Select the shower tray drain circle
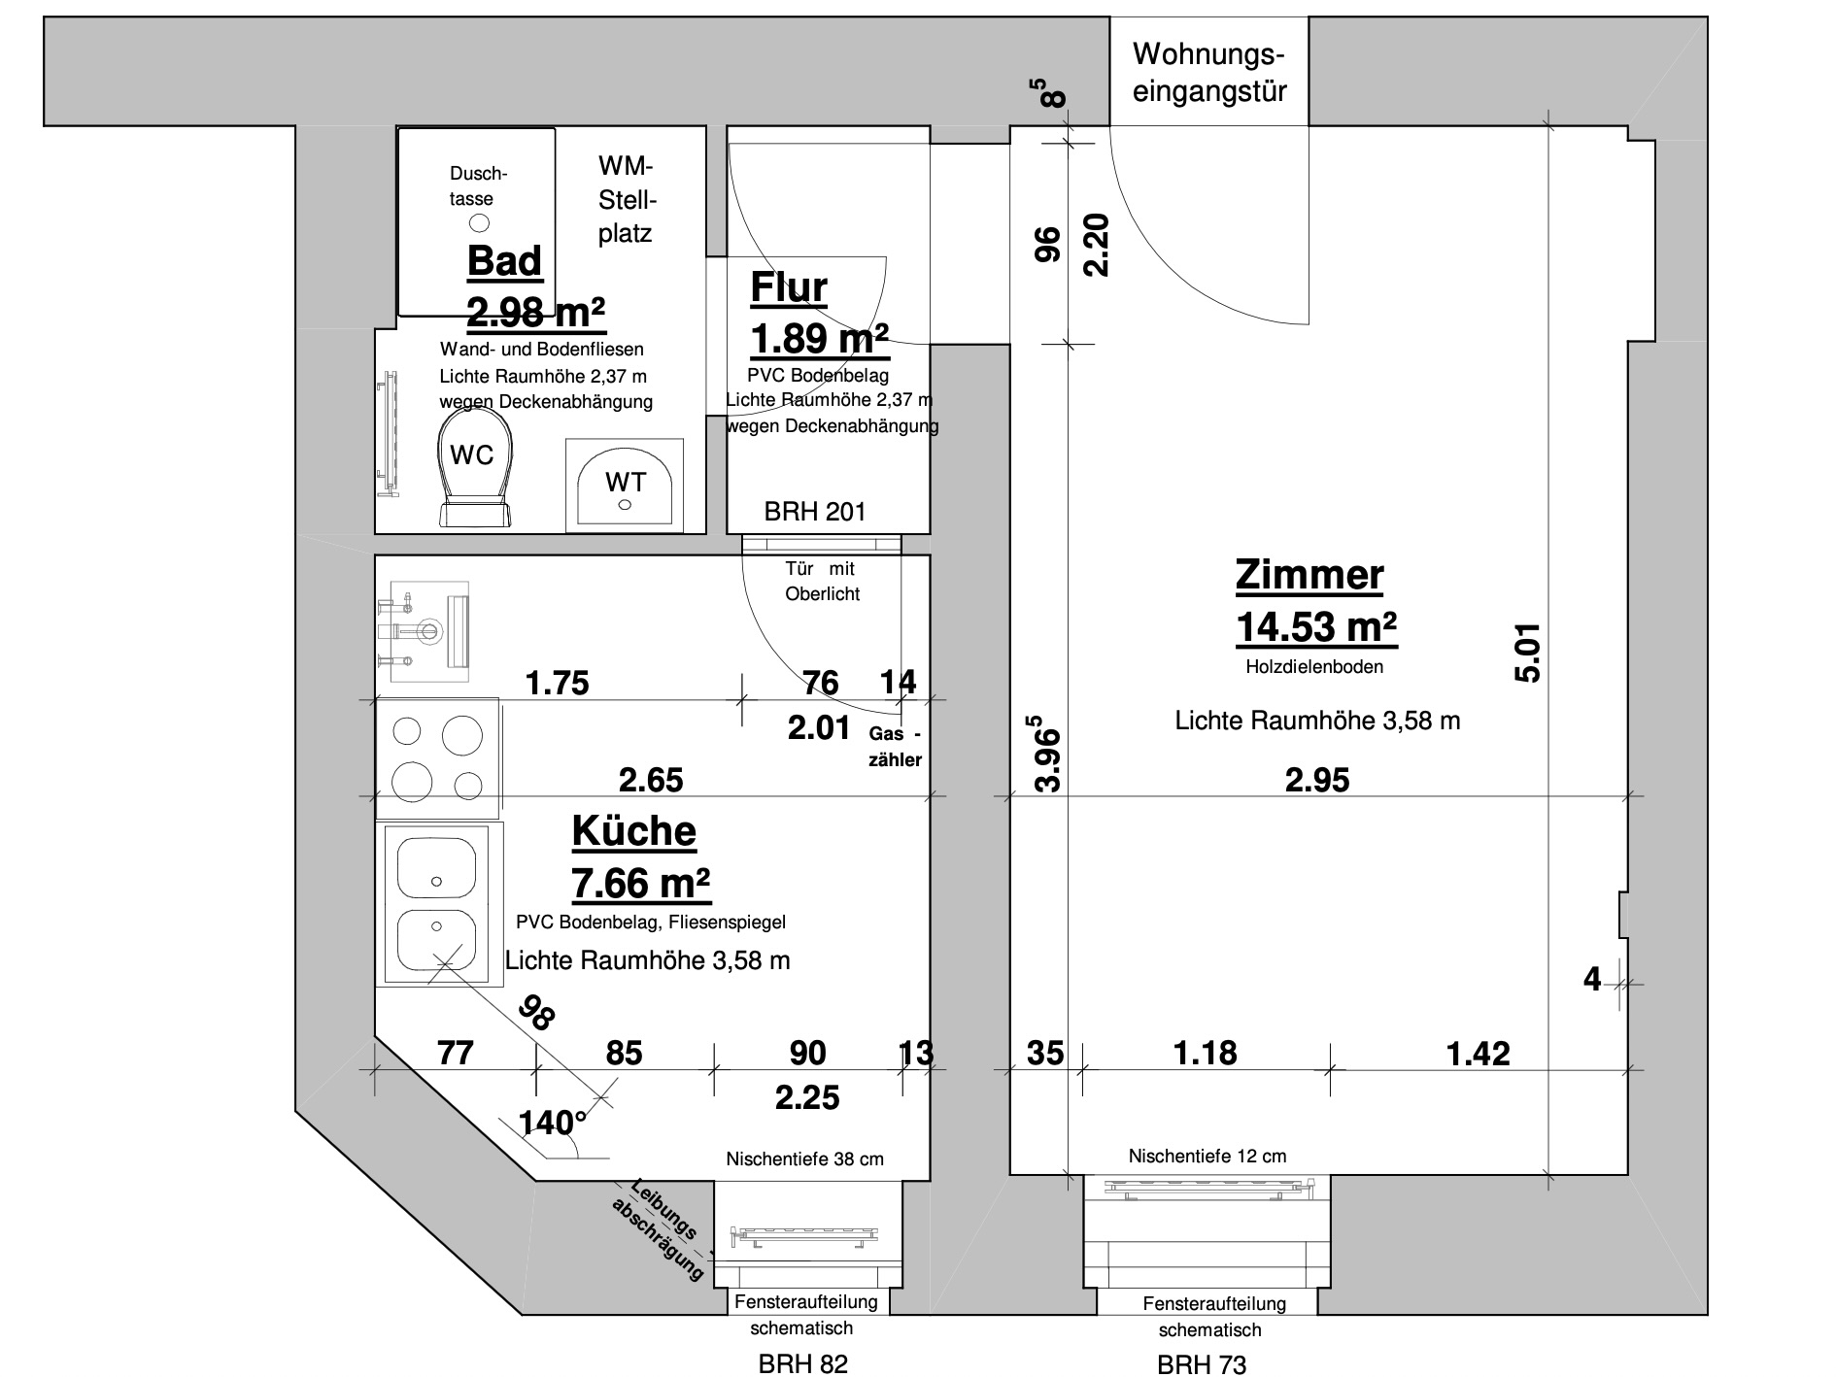(x=480, y=223)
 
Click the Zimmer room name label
(x=1309, y=575)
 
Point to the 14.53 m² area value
(x=1315, y=627)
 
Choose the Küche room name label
(x=633, y=831)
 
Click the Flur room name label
(x=789, y=288)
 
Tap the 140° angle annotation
(x=553, y=1124)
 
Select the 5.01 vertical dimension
(x=1527, y=652)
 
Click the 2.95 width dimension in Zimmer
(x=1317, y=780)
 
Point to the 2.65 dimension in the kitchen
(x=651, y=780)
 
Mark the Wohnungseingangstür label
(x=1209, y=73)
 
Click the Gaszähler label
(x=895, y=747)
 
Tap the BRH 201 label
(x=814, y=512)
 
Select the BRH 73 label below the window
(x=1202, y=1364)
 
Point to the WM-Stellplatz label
(x=626, y=200)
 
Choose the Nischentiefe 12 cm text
(x=1207, y=1156)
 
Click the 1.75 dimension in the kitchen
(x=558, y=683)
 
